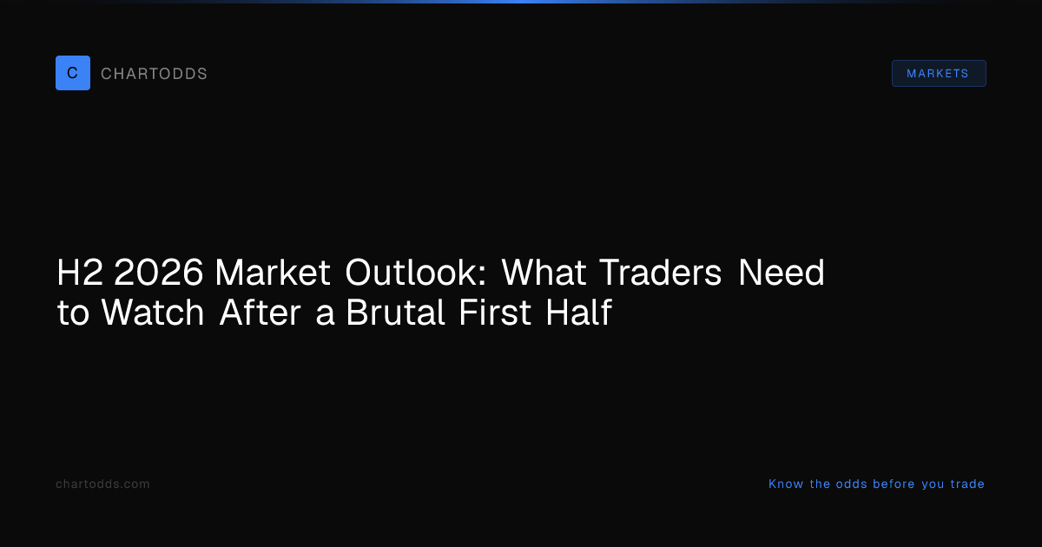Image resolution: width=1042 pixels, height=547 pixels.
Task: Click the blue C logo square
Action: (x=73, y=73)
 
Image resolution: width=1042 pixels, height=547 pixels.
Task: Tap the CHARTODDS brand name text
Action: (x=154, y=74)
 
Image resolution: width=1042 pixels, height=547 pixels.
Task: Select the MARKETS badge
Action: (x=939, y=74)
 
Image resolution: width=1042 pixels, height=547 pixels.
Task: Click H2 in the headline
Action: (x=80, y=272)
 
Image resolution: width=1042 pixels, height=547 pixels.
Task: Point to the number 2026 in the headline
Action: (x=159, y=272)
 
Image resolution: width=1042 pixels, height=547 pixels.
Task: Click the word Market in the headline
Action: (x=273, y=272)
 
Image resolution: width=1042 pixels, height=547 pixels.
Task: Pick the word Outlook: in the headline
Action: (x=415, y=272)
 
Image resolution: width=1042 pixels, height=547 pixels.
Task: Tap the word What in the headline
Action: (x=544, y=272)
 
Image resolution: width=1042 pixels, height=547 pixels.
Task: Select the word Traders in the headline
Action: (x=660, y=272)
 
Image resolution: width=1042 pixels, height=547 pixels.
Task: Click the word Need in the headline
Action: (x=781, y=272)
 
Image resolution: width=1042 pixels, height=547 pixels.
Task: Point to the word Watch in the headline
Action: (x=153, y=312)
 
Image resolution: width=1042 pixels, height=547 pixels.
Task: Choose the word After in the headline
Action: (x=260, y=312)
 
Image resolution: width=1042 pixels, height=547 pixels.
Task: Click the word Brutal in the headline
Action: (x=395, y=312)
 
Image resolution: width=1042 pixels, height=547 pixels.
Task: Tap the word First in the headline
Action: (x=494, y=312)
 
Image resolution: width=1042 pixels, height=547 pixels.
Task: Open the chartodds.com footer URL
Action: (x=102, y=484)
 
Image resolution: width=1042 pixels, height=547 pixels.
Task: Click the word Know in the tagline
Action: (x=786, y=484)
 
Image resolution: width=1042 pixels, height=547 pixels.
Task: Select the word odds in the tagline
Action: (x=851, y=484)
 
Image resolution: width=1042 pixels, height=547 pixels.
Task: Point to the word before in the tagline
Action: (x=894, y=484)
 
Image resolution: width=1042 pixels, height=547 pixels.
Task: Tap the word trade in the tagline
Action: (x=967, y=484)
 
